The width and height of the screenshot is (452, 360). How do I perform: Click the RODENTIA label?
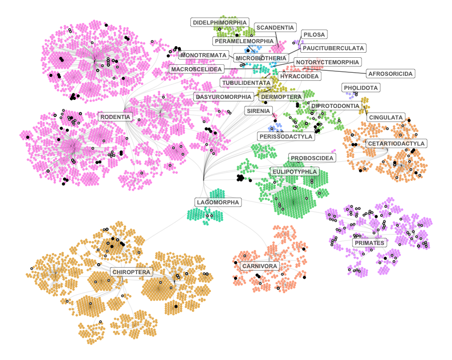pyautogui.click(x=116, y=117)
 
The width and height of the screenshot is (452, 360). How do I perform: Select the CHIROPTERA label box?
pyautogui.click(x=131, y=272)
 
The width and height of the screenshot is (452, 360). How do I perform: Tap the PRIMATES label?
pyautogui.click(x=369, y=243)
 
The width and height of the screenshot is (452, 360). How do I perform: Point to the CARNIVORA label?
pyautogui.click(x=259, y=266)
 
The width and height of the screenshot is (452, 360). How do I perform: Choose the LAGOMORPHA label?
pyautogui.click(x=218, y=202)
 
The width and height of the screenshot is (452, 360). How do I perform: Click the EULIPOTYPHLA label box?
pyautogui.click(x=294, y=172)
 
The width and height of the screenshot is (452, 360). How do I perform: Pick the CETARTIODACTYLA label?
pyautogui.click(x=396, y=144)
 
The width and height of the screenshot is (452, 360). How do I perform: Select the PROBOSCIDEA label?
pyautogui.click(x=312, y=158)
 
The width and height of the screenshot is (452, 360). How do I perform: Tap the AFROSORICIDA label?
pyautogui.click(x=390, y=74)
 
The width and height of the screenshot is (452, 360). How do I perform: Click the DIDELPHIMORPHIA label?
pyautogui.click(x=220, y=23)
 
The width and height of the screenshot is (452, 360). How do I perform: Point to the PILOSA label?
pyautogui.click(x=315, y=35)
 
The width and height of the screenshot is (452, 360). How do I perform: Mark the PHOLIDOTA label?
pyautogui.click(x=361, y=88)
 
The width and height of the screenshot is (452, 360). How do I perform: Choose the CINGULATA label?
pyautogui.click(x=386, y=117)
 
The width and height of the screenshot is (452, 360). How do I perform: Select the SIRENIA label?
pyautogui.click(x=259, y=110)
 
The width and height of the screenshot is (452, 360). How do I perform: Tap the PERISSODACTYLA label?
pyautogui.click(x=286, y=136)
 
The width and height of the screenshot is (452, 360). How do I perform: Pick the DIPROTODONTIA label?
pyautogui.click(x=335, y=106)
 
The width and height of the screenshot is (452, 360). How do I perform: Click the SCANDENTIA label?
pyautogui.click(x=275, y=27)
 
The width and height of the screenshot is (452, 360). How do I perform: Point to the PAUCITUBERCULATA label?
pyautogui.click(x=333, y=48)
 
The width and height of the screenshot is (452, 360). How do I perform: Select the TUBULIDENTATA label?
pyautogui.click(x=247, y=82)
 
